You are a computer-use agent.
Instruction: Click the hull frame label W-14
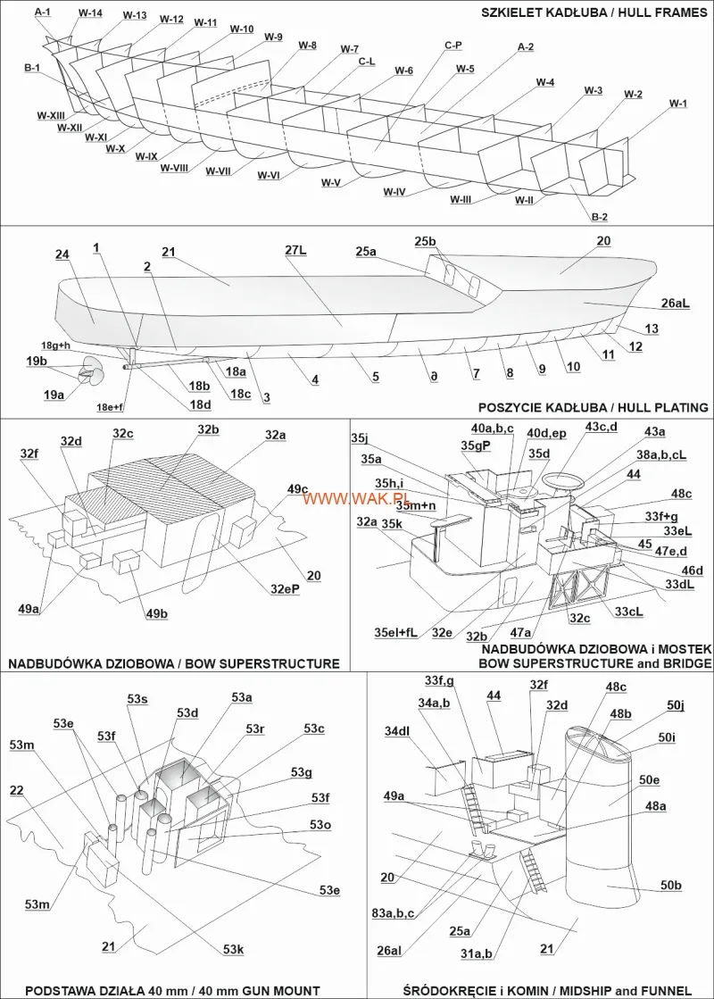(90, 13)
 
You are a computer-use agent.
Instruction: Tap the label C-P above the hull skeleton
(453, 44)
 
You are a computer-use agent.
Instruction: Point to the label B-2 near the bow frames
(600, 217)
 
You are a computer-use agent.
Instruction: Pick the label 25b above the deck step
(426, 241)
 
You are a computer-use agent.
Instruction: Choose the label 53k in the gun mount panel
(234, 949)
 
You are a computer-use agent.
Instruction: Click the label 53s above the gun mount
(137, 699)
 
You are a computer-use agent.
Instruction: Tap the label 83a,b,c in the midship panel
(394, 912)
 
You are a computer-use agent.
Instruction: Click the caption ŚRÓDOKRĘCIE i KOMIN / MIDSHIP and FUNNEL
(546, 990)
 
